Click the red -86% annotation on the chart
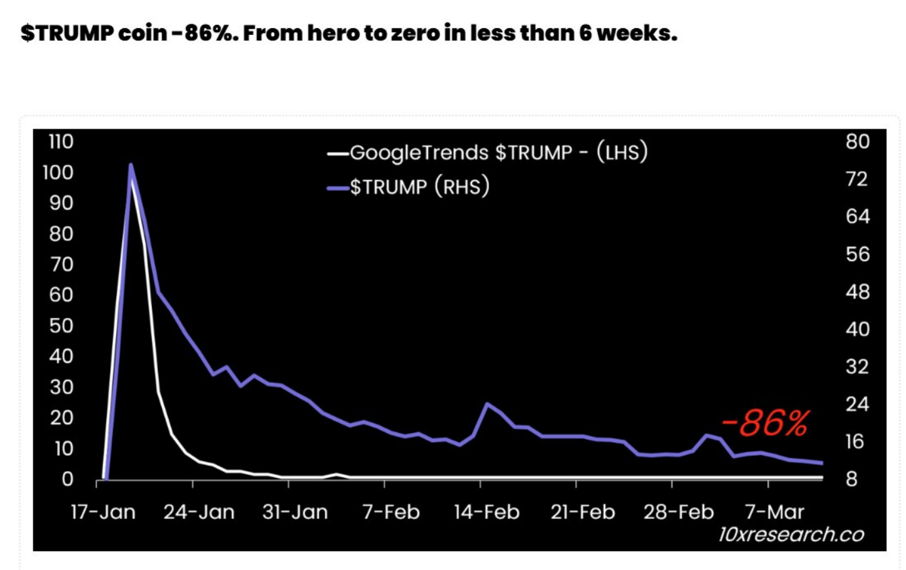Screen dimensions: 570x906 coord(765,423)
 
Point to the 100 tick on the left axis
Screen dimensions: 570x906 coord(58,173)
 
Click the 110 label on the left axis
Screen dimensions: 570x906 coord(60,142)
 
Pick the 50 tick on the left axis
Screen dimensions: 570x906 coord(61,326)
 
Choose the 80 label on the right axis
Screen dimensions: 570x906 coord(857,142)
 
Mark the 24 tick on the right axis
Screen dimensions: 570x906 coord(857,404)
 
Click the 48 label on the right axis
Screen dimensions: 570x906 coord(857,291)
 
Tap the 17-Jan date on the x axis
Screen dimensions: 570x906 coord(103,512)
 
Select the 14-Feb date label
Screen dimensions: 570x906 coord(486,512)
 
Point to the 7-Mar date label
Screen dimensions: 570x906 coord(774,512)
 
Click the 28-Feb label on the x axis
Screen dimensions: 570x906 coord(678,512)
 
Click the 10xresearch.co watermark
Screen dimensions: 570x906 coord(791,535)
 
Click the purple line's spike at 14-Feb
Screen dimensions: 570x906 coord(487,403)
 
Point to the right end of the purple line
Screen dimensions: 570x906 coord(821,463)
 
